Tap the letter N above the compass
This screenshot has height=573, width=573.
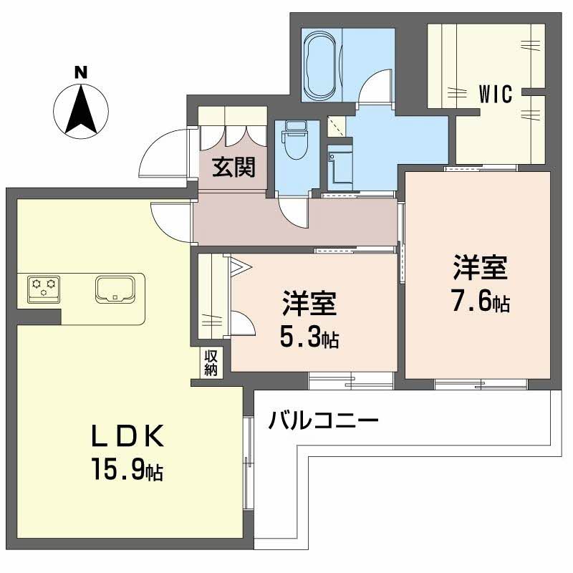(x=81, y=72)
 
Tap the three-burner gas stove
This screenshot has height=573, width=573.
(x=43, y=288)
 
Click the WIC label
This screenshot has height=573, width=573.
(x=496, y=94)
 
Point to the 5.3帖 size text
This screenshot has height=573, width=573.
(x=309, y=337)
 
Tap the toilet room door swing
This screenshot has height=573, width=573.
(x=293, y=212)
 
